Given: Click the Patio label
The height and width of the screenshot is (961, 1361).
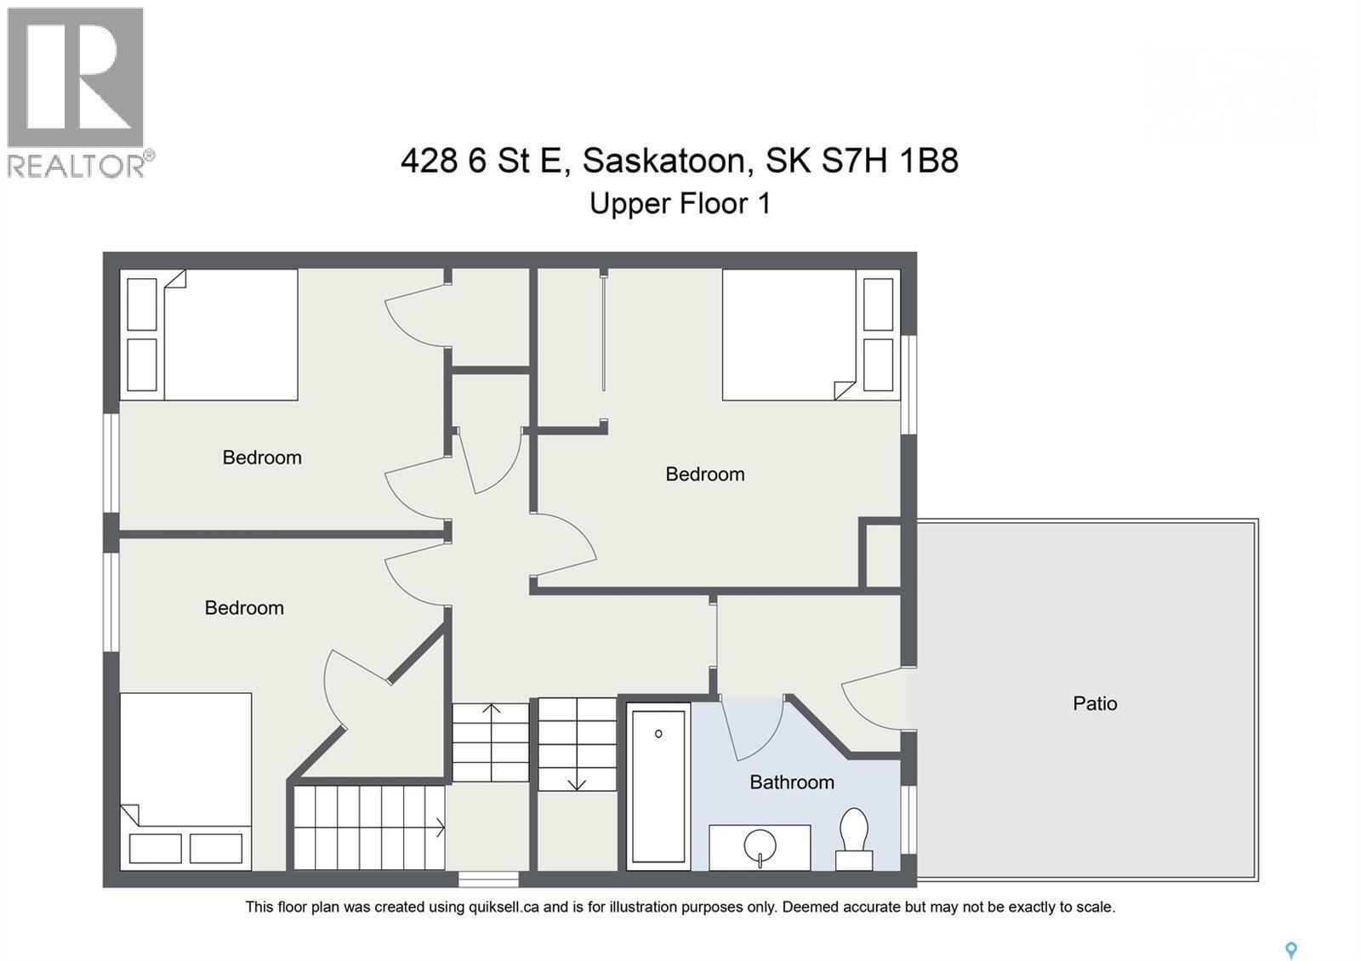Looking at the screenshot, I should [1094, 703].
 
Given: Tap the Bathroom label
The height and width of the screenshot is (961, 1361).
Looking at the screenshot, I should [791, 782].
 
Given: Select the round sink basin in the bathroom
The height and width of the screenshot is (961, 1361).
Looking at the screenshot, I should [760, 846].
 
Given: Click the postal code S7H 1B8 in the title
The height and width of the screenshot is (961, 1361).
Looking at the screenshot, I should [889, 160].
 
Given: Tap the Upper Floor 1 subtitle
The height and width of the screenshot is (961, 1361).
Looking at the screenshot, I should [680, 204].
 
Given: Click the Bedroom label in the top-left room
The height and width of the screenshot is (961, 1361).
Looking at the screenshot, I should [262, 458].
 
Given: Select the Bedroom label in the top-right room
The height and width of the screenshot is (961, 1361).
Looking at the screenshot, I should [704, 475].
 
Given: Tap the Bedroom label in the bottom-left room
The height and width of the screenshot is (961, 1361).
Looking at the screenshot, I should [244, 608].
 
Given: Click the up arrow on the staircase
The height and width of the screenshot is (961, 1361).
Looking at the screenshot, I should [491, 708].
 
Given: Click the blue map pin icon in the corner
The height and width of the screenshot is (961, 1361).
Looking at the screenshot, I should [1290, 950].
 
